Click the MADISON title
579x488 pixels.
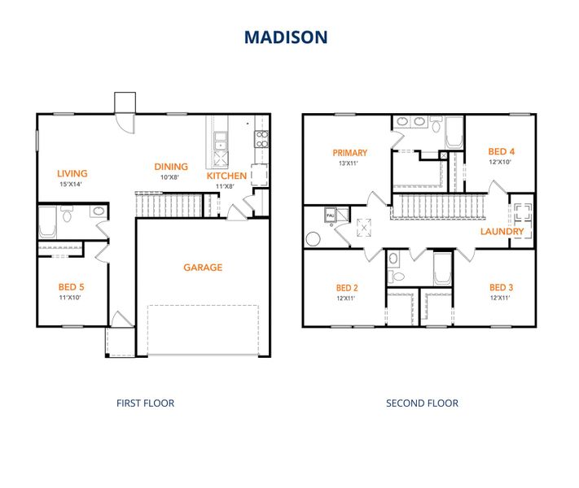coord(286,37)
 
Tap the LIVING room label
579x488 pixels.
coord(72,173)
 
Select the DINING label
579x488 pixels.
coord(171,167)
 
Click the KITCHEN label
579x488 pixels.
coord(226,176)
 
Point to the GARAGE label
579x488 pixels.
coord(203,268)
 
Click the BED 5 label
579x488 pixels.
coord(72,287)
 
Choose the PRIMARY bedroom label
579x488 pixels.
coord(349,152)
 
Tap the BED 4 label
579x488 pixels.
coord(501,151)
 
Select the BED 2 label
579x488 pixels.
coord(347,288)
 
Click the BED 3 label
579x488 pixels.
coord(501,287)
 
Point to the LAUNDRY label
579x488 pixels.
coord(502,232)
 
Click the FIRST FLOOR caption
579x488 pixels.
coord(145,403)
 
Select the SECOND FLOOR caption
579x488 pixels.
coord(422,403)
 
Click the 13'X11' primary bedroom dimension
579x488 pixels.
coord(349,163)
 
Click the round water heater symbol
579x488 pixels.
coord(314,240)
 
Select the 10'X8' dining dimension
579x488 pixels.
coord(169,177)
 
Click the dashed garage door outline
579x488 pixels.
coord(203,330)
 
